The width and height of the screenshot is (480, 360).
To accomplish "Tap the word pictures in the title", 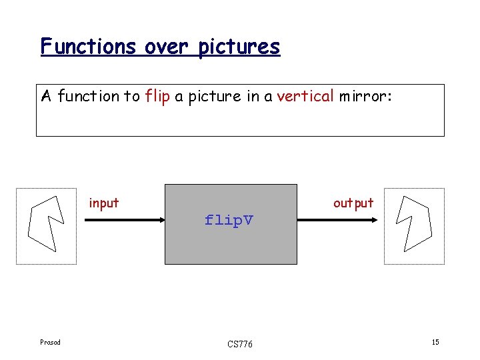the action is pyautogui.click(x=239, y=47).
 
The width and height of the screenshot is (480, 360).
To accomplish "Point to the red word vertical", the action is pyautogui.click(x=305, y=96).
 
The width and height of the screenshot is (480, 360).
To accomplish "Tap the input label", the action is pyautogui.click(x=104, y=203).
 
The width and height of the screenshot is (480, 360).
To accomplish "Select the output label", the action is pyautogui.click(x=353, y=203).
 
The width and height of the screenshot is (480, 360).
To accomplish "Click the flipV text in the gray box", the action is pyautogui.click(x=229, y=220).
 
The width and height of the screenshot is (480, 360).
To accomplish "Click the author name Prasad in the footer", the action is pyautogui.click(x=50, y=343).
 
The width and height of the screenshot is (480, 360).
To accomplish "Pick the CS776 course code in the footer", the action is pyautogui.click(x=239, y=344).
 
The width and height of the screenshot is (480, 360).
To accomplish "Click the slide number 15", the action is pyautogui.click(x=435, y=343).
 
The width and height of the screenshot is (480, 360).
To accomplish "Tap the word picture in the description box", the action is pyautogui.click(x=205, y=96).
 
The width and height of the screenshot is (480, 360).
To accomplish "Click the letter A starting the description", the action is pyautogui.click(x=46, y=96).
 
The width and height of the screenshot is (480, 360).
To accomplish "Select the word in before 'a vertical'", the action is pyautogui.click(x=253, y=96).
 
